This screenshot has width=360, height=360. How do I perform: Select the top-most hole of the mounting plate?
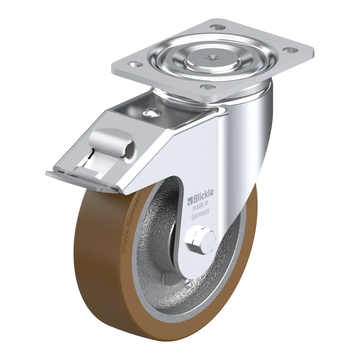[x=217, y=27]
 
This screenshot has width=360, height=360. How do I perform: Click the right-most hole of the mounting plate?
[x=290, y=50]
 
